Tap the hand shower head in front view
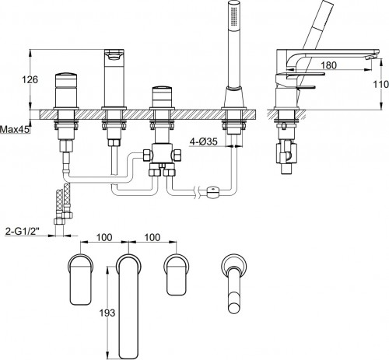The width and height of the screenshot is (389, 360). point(230,26)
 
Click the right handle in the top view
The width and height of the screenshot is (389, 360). point(177,274)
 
